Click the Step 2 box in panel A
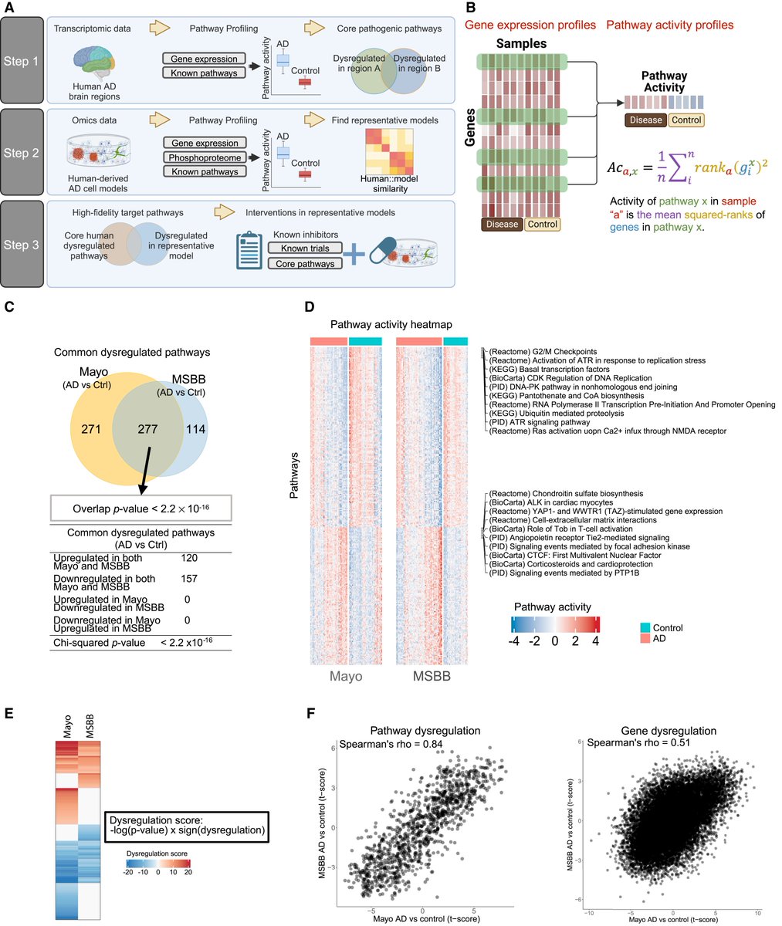coord(23,153)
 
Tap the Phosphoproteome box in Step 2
coord(204,158)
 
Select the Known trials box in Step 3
coord(304,248)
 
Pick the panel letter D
coord(310,307)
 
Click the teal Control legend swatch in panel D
coord(647,627)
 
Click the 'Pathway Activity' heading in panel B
coord(664,83)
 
